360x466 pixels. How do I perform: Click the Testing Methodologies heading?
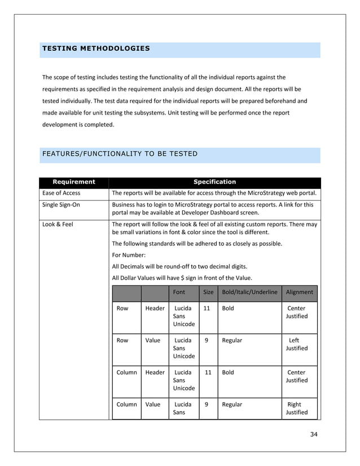pos(96,49)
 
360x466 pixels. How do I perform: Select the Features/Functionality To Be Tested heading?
pos(120,153)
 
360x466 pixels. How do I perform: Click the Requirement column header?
pos(73,182)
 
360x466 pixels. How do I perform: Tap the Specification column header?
pos(214,182)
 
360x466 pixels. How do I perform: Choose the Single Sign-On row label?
pos(62,205)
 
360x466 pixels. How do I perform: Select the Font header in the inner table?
pos(178,292)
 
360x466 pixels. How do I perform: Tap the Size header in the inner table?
pos(208,292)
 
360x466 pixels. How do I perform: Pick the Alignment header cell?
pos(299,292)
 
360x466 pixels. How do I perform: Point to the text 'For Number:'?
pos(129,254)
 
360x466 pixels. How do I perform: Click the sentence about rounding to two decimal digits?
pos(179,266)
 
